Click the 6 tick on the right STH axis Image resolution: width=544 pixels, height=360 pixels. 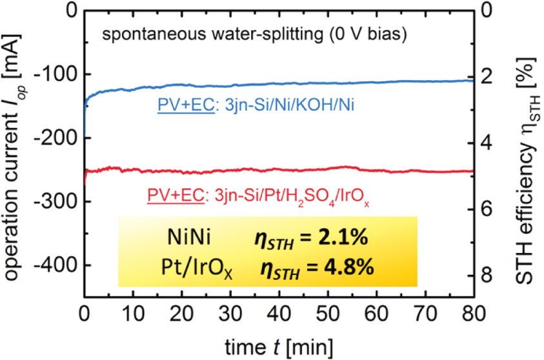[x=489, y=209]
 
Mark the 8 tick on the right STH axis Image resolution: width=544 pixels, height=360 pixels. [x=489, y=275]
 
